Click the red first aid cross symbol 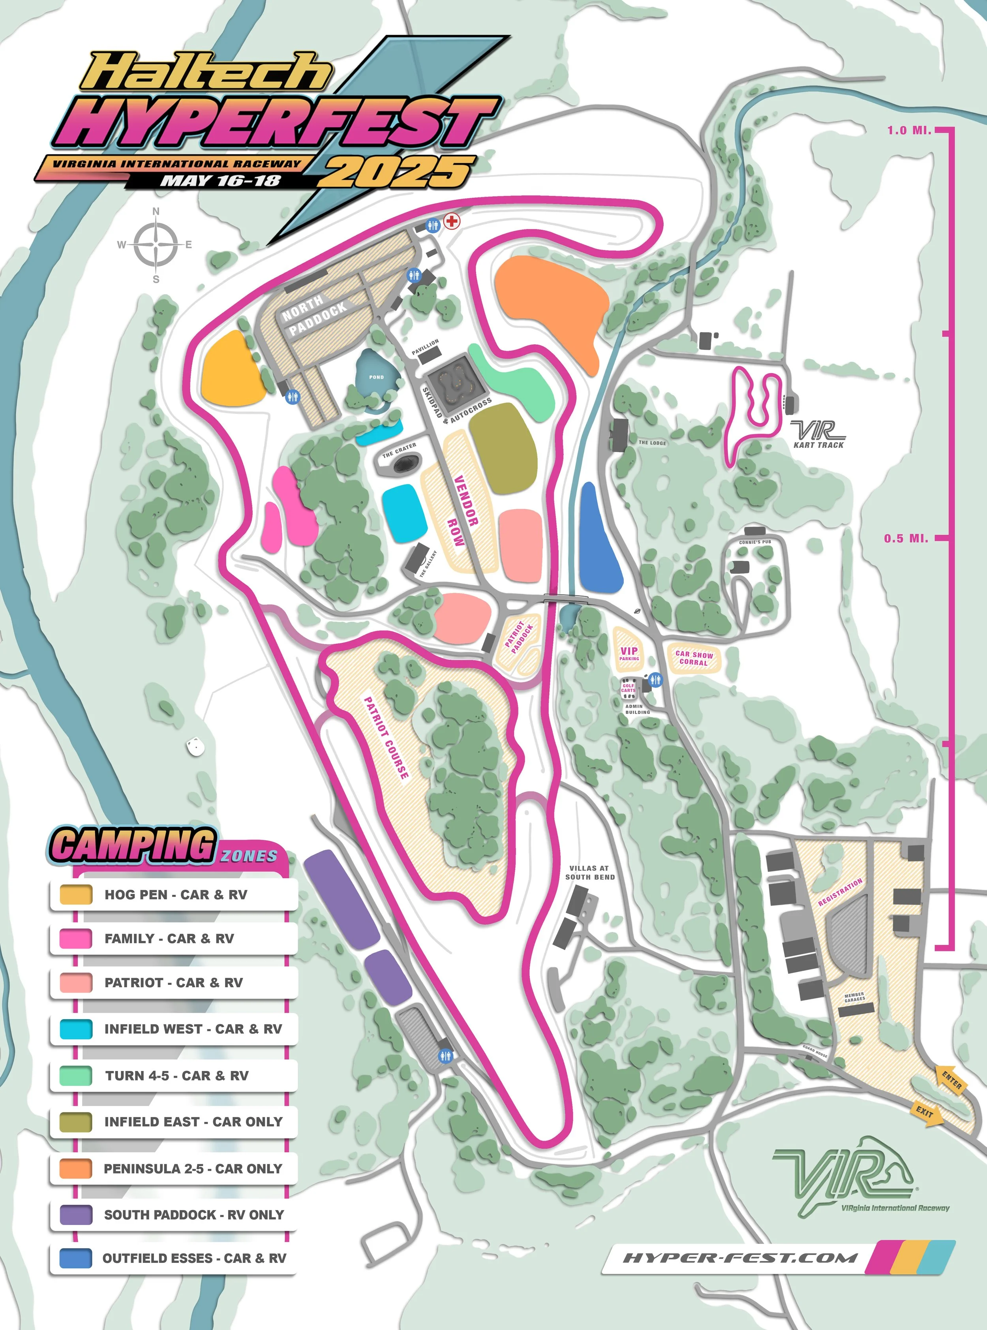click(x=452, y=221)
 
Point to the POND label click(x=376, y=377)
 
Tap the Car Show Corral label click(x=694, y=658)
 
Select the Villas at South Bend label click(x=590, y=872)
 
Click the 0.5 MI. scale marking click(x=906, y=538)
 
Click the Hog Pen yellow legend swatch click(x=76, y=894)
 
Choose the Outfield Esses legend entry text click(x=194, y=1258)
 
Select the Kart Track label click(x=818, y=445)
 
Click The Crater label click(x=399, y=450)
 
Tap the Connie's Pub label click(x=754, y=542)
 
